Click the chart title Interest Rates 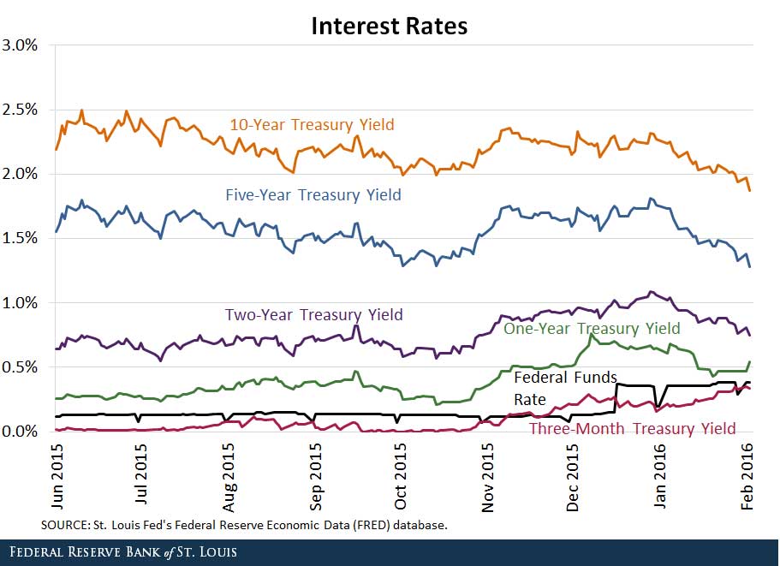[x=389, y=27]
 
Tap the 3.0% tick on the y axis [x=20, y=45]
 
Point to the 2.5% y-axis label [x=20, y=110]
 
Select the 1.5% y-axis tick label [x=20, y=238]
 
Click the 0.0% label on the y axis [x=20, y=431]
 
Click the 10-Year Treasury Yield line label [x=312, y=125]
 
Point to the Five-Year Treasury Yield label [x=313, y=195]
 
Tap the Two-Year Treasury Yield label [x=313, y=314]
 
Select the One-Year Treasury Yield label [x=592, y=329]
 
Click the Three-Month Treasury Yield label [x=633, y=428]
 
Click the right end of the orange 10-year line [x=750, y=190]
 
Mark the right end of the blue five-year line [x=750, y=266]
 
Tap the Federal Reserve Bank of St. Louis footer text [x=120, y=552]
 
